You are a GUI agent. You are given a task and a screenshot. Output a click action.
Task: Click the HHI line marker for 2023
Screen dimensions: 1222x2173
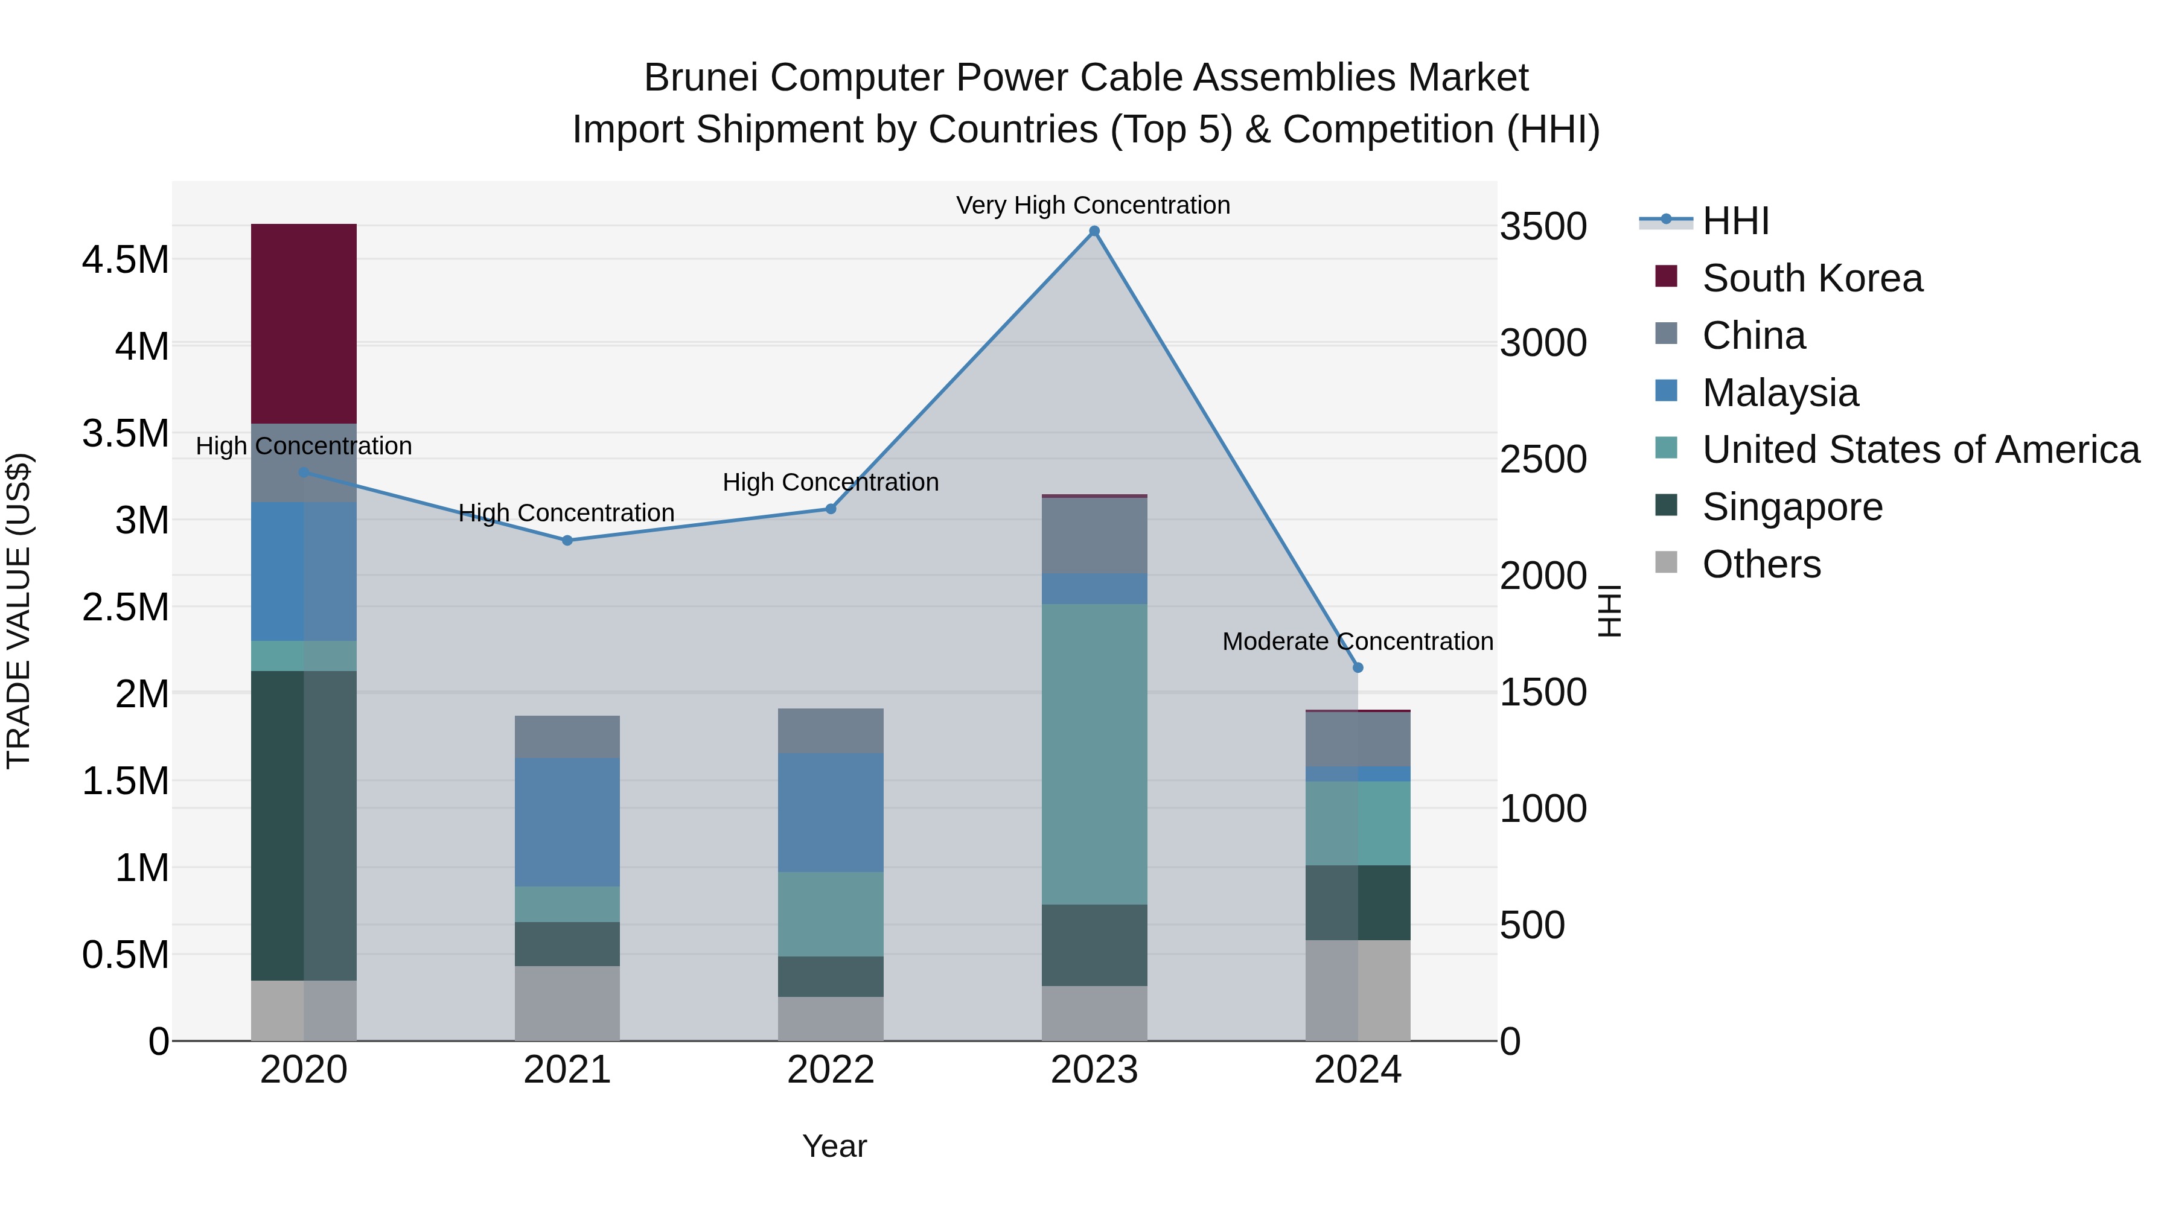pyautogui.click(x=1094, y=231)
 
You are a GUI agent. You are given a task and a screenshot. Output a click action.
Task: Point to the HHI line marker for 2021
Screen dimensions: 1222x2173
pyautogui.click(x=567, y=541)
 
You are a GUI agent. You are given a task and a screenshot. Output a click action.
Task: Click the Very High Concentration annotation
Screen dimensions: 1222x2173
pyautogui.click(x=1093, y=205)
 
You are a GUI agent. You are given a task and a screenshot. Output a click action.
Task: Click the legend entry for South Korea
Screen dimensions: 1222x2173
pyautogui.click(x=1812, y=278)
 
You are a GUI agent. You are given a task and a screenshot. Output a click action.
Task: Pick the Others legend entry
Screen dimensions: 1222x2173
pyautogui.click(x=1761, y=564)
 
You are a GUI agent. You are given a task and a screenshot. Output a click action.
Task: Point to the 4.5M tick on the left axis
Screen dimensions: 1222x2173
pyautogui.click(x=125, y=259)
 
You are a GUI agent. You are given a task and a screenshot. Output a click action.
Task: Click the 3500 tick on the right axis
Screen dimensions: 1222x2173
pyautogui.click(x=1543, y=227)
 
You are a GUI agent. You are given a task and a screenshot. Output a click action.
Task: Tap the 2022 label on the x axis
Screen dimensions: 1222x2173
pyautogui.click(x=830, y=1070)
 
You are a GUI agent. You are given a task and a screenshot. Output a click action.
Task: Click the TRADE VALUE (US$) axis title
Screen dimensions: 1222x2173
pyautogui.click(x=19, y=611)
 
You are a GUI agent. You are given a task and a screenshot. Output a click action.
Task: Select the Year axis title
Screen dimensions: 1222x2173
pyautogui.click(x=834, y=1146)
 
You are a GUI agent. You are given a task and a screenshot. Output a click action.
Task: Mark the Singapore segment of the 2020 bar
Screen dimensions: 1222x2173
pyautogui.click(x=304, y=825)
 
